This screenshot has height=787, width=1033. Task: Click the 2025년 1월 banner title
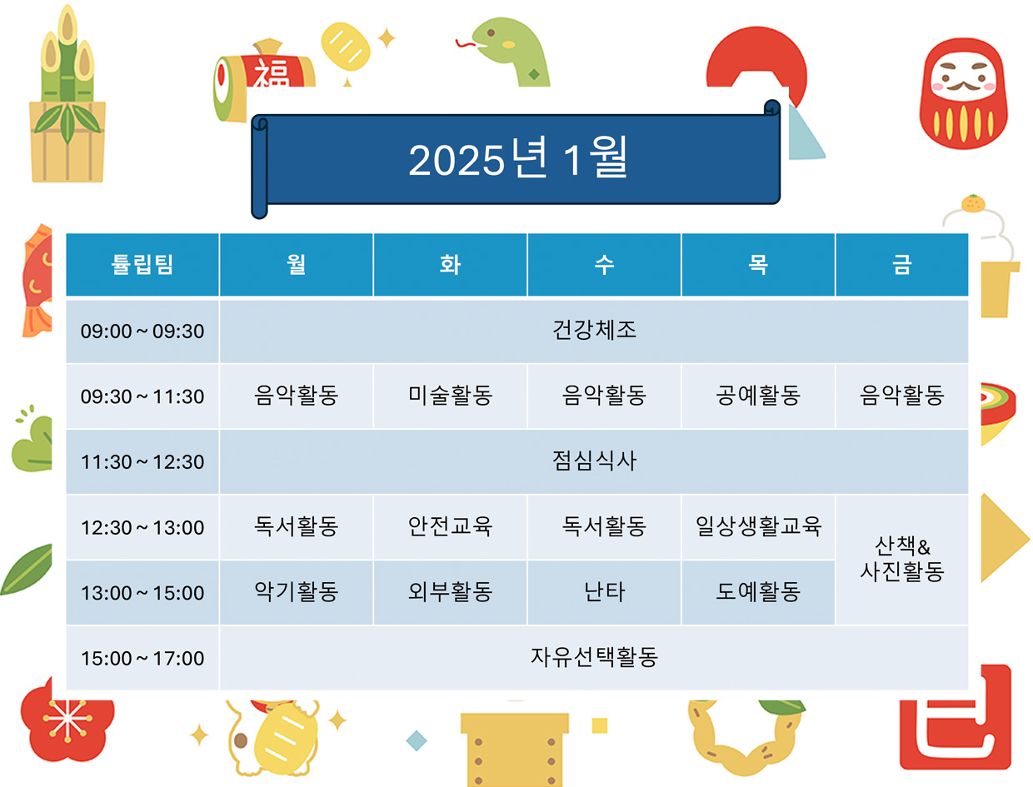tap(517, 157)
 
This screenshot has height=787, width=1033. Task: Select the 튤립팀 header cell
tap(142, 264)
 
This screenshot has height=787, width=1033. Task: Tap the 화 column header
tap(449, 264)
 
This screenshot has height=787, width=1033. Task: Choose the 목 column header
tap(758, 264)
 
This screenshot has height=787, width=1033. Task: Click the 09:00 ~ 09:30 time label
tap(142, 331)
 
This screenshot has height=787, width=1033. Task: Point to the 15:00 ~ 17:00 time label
tap(142, 658)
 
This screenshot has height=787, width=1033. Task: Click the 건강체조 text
tap(594, 330)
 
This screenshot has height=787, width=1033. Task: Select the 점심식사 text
tap(594, 461)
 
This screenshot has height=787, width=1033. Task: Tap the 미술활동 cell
tap(449, 396)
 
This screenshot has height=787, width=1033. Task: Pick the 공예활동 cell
tap(758, 396)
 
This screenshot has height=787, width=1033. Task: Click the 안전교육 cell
tap(449, 527)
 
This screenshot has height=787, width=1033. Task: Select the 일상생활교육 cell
tap(758, 527)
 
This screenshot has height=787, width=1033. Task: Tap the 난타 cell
tap(604, 592)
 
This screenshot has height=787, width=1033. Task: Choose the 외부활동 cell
tap(449, 592)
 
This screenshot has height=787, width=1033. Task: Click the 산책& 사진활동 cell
tap(901, 560)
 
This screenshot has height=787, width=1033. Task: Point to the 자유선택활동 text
tap(594, 657)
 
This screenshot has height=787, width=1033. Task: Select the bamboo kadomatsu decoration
tap(67, 94)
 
